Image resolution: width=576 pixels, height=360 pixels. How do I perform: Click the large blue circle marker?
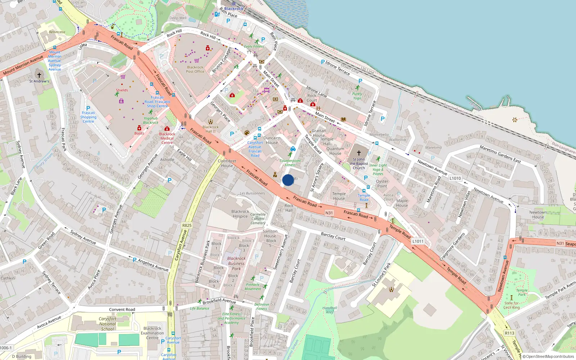click(288, 180)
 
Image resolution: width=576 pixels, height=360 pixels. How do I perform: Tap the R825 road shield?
click(187, 225)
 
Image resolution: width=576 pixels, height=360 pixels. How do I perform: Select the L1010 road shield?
click(455, 178)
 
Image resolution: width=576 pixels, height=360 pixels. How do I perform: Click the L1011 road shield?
click(418, 241)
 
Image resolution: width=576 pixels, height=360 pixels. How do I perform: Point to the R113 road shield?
click(509, 333)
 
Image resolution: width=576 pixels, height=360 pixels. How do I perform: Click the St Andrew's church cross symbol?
click(39, 75)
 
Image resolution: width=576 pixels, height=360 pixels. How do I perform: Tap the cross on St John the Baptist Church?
click(359, 153)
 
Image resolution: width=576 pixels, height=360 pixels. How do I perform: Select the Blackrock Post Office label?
click(195, 69)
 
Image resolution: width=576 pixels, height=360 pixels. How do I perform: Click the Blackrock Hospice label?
click(240, 214)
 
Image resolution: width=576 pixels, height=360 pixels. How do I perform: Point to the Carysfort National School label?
click(108, 324)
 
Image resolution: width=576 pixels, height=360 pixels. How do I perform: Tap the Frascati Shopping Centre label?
click(88, 117)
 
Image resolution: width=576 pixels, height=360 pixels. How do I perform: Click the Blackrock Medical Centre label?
click(167, 138)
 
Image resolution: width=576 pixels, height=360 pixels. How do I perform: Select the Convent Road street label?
click(122, 309)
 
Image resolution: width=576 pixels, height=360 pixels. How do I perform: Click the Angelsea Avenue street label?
click(153, 265)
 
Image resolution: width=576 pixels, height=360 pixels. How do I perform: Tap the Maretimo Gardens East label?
click(500, 154)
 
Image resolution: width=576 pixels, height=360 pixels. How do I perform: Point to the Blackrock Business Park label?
click(236, 263)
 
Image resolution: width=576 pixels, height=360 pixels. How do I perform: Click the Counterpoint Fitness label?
click(290, 163)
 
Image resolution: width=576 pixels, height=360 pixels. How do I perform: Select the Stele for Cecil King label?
click(511, 305)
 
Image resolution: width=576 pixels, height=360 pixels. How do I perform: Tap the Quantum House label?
click(335, 151)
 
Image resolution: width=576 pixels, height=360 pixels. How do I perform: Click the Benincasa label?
click(57, 32)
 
